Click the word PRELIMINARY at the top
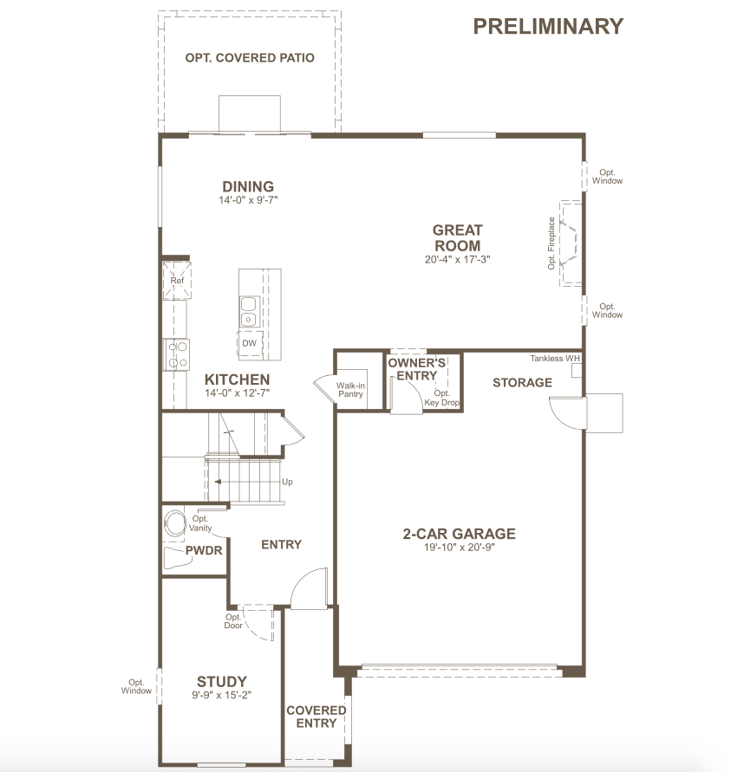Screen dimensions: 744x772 (548, 27)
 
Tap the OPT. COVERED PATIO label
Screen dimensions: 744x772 (250, 57)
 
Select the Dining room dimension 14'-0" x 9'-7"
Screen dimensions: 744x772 (248, 200)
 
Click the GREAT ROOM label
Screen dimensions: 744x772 (457, 237)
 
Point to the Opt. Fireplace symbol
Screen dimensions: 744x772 (571, 243)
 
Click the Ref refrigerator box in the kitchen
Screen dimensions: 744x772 (177, 280)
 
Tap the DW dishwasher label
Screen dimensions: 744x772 (250, 343)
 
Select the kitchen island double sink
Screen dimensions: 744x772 (250, 311)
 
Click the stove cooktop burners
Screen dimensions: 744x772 (177, 354)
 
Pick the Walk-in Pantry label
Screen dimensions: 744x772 (350, 389)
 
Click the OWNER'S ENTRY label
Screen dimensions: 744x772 (417, 369)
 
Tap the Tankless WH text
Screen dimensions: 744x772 (555, 359)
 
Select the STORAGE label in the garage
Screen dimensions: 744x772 (522, 383)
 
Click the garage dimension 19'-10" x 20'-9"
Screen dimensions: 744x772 (460, 547)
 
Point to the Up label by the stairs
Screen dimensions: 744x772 (287, 482)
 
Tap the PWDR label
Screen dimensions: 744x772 (204, 550)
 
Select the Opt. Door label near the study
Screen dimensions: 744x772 (233, 621)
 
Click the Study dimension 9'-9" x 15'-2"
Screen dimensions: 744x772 (222, 695)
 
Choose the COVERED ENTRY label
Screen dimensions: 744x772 (317, 717)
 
